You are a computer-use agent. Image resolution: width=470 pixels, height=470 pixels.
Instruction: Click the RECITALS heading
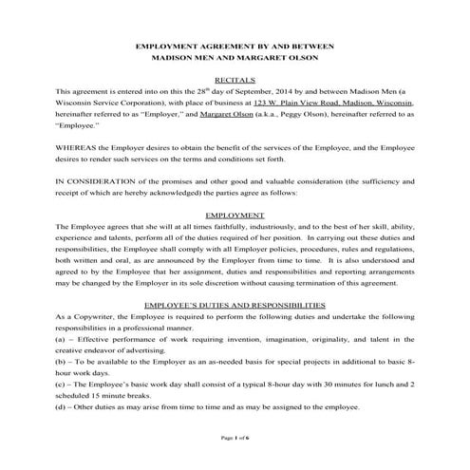(235, 83)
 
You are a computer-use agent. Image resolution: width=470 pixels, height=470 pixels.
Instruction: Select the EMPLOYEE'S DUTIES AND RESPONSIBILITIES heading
(235, 305)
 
